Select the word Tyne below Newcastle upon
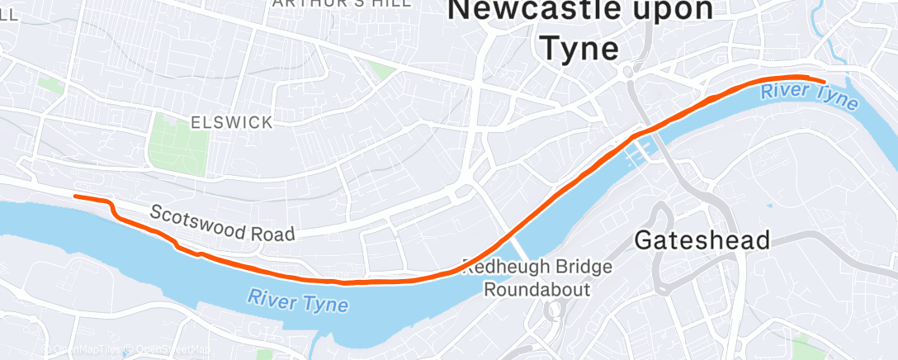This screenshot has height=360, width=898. pos(579,48)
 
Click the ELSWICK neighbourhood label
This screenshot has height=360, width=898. pos(231,123)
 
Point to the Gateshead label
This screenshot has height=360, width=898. pos(702,240)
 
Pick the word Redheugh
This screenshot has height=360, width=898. pos(508,268)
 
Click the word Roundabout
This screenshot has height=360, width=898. pos(536,290)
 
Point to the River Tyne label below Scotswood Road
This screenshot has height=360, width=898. pos(298,299)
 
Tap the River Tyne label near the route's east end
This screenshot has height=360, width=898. pos(809,96)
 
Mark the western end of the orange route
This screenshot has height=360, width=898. pos(75,196)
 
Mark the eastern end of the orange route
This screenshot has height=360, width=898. pos(824,80)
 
